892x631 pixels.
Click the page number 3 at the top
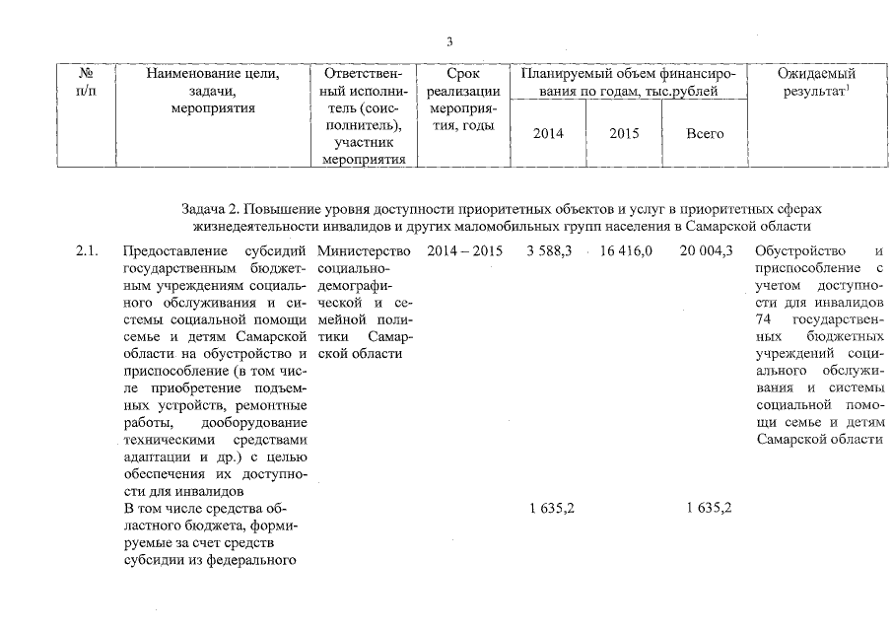tap(449, 41)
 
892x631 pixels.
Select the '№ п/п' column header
tap(86, 83)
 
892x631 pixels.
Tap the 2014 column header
tap(547, 133)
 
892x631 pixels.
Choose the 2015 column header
tap(624, 133)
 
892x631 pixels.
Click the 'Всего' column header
tap(705, 133)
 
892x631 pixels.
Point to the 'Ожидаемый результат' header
tap(815, 83)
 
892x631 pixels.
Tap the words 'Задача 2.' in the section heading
tap(209, 209)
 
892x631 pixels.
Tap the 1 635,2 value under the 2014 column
tap(552, 509)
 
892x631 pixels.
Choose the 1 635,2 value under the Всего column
tap(707, 509)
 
